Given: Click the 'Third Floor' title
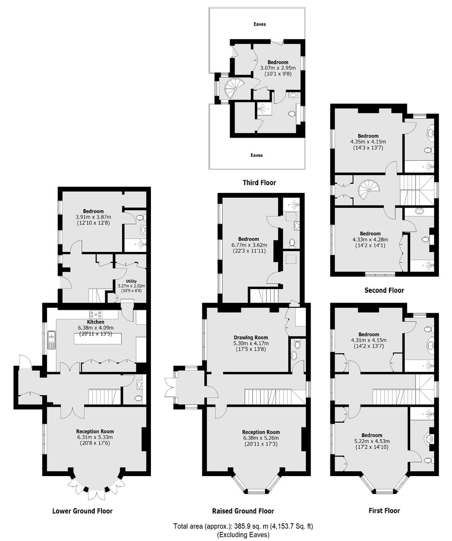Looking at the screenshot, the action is (260, 183).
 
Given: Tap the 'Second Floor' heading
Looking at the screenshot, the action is (384, 290).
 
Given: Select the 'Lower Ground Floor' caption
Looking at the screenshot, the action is (82, 511).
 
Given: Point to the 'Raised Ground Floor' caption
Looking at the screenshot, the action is (243, 511).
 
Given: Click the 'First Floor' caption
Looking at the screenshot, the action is (384, 511).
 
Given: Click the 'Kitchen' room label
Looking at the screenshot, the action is (96, 322).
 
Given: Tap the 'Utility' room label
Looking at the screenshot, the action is (131, 281).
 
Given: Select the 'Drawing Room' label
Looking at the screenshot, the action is (251, 338).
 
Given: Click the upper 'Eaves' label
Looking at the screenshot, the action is (260, 24).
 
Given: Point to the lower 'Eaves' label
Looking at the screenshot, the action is (257, 155).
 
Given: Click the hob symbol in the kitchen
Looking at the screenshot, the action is (96, 315).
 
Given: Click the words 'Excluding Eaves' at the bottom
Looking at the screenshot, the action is (243, 535).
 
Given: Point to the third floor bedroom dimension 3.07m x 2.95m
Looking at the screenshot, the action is (278, 68).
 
